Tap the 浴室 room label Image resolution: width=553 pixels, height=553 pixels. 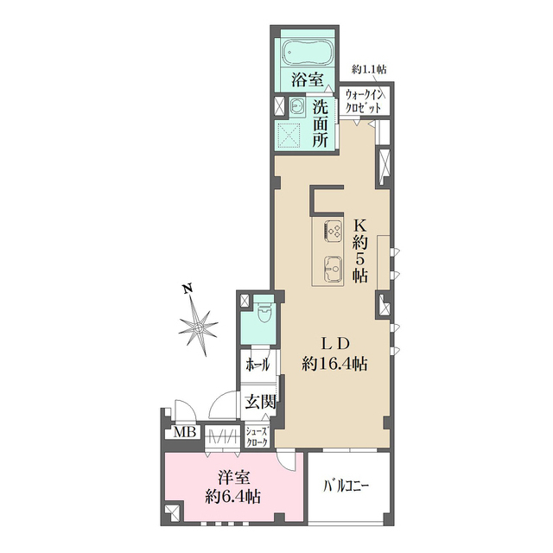click(308, 79)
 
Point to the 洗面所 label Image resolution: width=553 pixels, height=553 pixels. click(321, 124)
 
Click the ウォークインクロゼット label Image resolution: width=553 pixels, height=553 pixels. click(363, 101)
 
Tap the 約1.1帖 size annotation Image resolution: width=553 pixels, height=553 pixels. click(369, 69)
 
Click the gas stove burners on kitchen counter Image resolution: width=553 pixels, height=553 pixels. click(333, 232)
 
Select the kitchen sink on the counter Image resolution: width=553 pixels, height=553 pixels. click(333, 268)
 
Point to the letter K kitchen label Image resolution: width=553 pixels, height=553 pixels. click(360, 225)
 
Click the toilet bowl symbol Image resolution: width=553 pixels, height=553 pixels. click(264, 315)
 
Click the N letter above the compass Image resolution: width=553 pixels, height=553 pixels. click(188, 289)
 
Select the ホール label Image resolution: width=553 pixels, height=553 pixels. click(257, 365)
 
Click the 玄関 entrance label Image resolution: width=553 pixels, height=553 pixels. click(260, 401)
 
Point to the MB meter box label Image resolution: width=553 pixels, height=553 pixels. click(185, 432)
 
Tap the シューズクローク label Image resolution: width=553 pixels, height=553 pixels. click(257, 436)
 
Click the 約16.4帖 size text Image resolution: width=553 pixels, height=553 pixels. click(334, 364)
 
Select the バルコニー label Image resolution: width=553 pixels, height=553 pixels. click(346, 486)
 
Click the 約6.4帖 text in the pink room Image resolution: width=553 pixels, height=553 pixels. click(233, 497)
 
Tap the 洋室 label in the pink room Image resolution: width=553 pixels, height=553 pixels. click(234, 478)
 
